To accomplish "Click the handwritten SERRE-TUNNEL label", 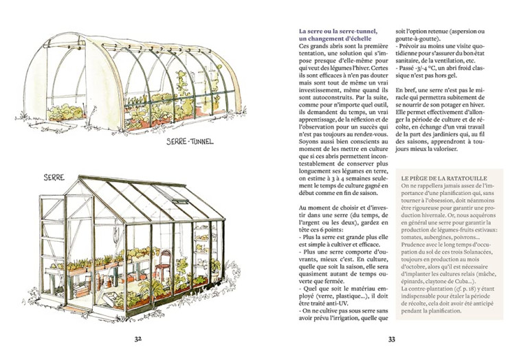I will [190, 142].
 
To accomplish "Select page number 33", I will [391, 338].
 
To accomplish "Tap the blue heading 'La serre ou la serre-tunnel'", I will [338, 31].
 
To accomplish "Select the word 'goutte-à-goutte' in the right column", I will [419, 40].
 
